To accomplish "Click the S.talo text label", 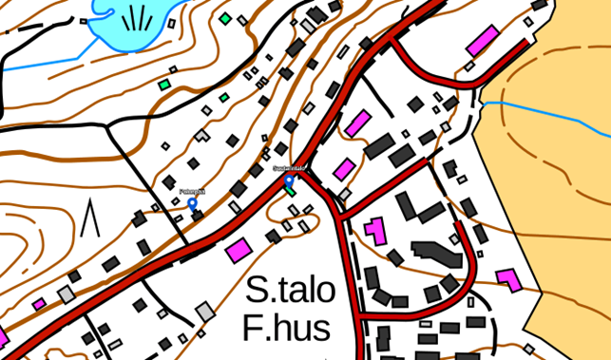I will [x=291, y=291].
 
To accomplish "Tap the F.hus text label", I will [x=286, y=329].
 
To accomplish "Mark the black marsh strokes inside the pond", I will [x=137, y=18].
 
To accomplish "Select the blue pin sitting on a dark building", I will [x=193, y=202].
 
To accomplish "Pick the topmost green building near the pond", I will [x=225, y=18].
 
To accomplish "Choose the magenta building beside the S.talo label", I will [x=239, y=250].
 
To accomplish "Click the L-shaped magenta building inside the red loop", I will [x=375, y=231].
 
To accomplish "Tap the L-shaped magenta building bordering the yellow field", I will [x=508, y=279].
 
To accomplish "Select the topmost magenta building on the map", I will [x=482, y=41].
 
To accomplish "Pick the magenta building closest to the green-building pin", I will [x=344, y=169].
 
